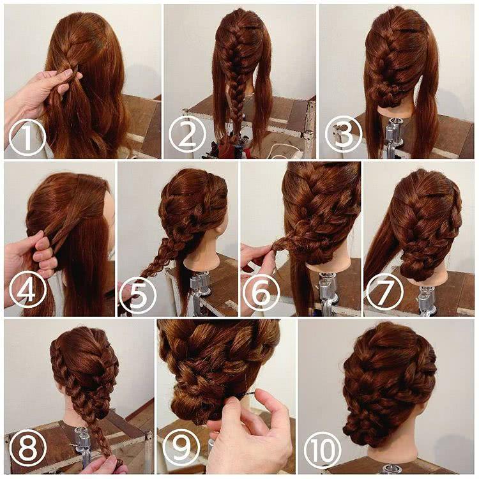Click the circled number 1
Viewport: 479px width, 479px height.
pos(27,138)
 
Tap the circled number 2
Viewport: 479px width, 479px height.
pos(187,135)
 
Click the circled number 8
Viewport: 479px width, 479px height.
pos(27,448)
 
